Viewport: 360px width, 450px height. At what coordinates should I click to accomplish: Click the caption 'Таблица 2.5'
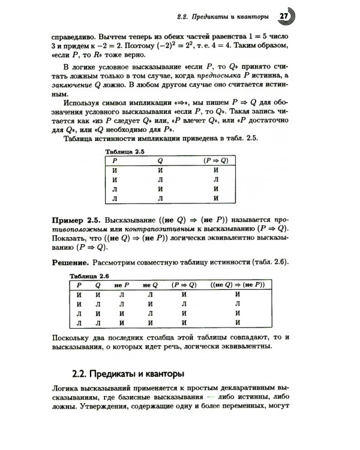(125, 152)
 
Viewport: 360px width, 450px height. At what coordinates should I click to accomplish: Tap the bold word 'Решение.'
(70, 262)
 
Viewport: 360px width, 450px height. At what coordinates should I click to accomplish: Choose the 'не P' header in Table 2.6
(121, 284)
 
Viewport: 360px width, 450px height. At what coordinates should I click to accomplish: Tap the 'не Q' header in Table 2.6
(150, 284)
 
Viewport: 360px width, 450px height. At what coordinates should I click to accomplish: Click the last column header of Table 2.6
(238, 284)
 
